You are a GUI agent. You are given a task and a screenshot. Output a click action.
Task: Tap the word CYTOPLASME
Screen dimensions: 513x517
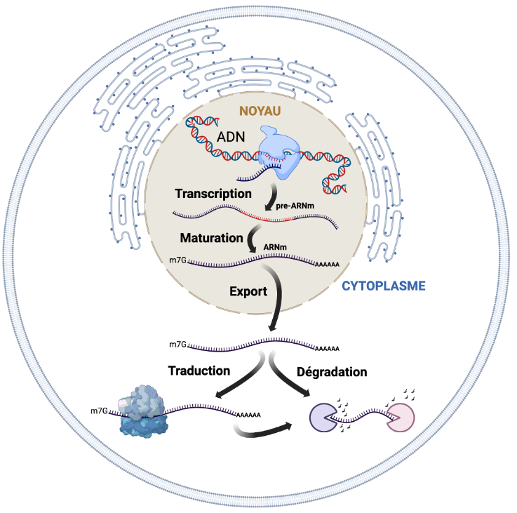tap(384, 286)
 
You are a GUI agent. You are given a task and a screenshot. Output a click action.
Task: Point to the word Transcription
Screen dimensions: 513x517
tap(213, 193)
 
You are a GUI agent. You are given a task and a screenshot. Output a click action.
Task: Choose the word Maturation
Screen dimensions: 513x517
tap(210, 238)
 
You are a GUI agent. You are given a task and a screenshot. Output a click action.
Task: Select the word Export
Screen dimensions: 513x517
tap(248, 291)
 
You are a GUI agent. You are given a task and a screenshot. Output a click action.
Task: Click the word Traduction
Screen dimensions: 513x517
tap(199, 370)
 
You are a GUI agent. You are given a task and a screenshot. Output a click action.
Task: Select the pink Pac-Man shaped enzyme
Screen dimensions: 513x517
tap(401, 419)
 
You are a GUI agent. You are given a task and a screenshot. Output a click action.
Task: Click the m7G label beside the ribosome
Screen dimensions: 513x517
tap(99, 410)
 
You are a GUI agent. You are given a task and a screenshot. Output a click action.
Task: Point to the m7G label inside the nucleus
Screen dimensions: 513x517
tap(178, 260)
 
